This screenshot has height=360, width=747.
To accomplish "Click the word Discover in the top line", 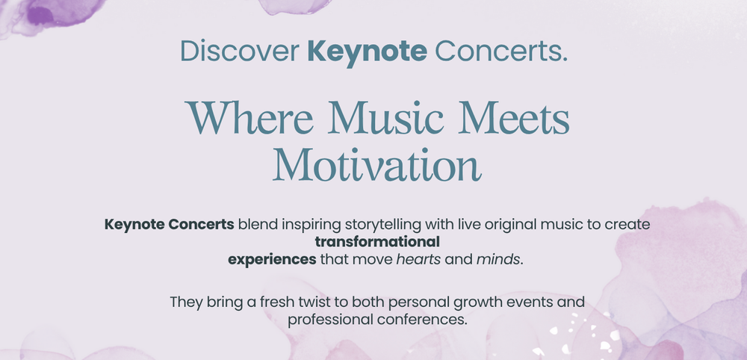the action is pyautogui.click(x=240, y=51).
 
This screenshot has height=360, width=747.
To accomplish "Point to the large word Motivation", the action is pyautogui.click(x=376, y=165).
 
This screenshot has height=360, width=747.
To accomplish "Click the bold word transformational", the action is pyautogui.click(x=377, y=243).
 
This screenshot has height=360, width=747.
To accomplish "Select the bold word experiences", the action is pyautogui.click(x=272, y=261).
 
